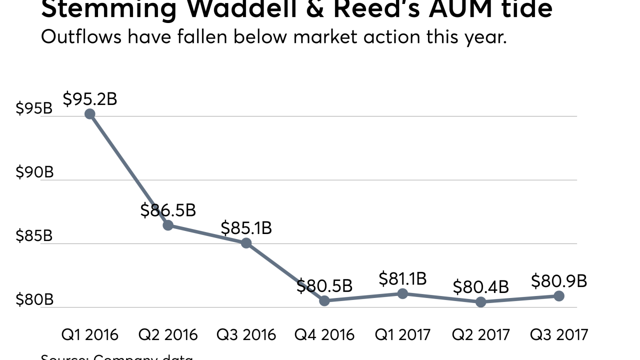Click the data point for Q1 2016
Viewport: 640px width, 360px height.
click(90, 114)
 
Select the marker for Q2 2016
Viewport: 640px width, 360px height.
click(168, 225)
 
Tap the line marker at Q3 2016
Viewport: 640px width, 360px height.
click(246, 243)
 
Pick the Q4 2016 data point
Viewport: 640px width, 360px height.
click(324, 300)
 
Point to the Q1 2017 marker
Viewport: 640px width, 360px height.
click(402, 293)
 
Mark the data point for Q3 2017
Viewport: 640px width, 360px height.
click(559, 296)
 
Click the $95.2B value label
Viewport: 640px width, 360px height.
click(90, 99)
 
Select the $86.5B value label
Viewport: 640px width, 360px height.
click(168, 210)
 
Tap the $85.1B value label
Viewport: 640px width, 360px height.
click(246, 228)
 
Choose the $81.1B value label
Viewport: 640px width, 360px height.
click(402, 278)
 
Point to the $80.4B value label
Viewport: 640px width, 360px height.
click(480, 287)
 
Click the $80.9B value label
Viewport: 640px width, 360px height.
click(559, 281)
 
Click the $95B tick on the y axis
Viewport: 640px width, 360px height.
click(34, 108)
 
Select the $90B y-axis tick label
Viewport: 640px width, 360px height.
click(34, 172)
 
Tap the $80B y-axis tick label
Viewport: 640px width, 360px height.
click(34, 300)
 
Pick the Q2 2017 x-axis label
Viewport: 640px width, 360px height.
click(480, 334)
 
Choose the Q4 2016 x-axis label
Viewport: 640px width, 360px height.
click(324, 334)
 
